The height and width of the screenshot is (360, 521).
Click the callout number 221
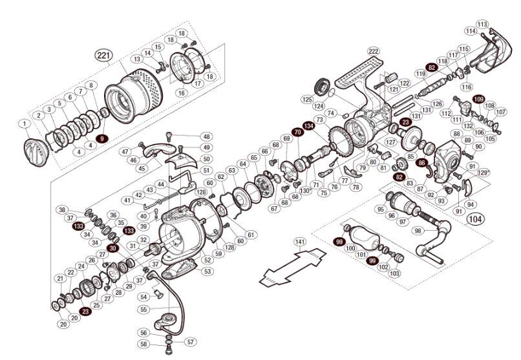[103, 56]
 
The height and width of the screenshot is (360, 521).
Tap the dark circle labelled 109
[478, 99]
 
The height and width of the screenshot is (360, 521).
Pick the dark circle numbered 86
[422, 164]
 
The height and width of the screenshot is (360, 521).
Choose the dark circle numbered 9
[101, 138]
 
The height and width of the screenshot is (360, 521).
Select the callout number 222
[373, 52]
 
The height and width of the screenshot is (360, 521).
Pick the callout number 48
[206, 137]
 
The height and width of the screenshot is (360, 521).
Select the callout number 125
[307, 100]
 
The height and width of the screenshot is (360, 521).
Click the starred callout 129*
[484, 173]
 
